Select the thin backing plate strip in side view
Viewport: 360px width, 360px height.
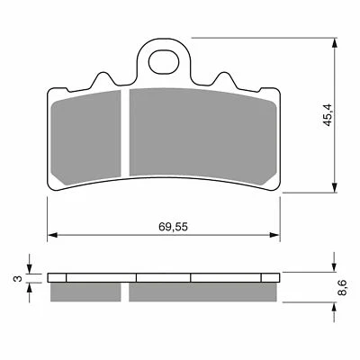point(162,277)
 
